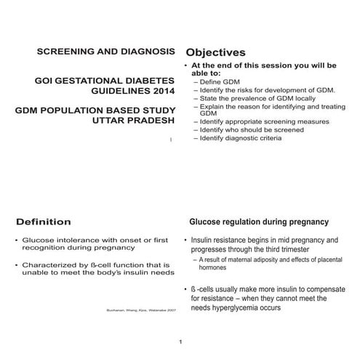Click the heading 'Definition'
click(44, 221)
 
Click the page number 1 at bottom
click(180, 342)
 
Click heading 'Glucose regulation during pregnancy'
click(258, 222)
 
